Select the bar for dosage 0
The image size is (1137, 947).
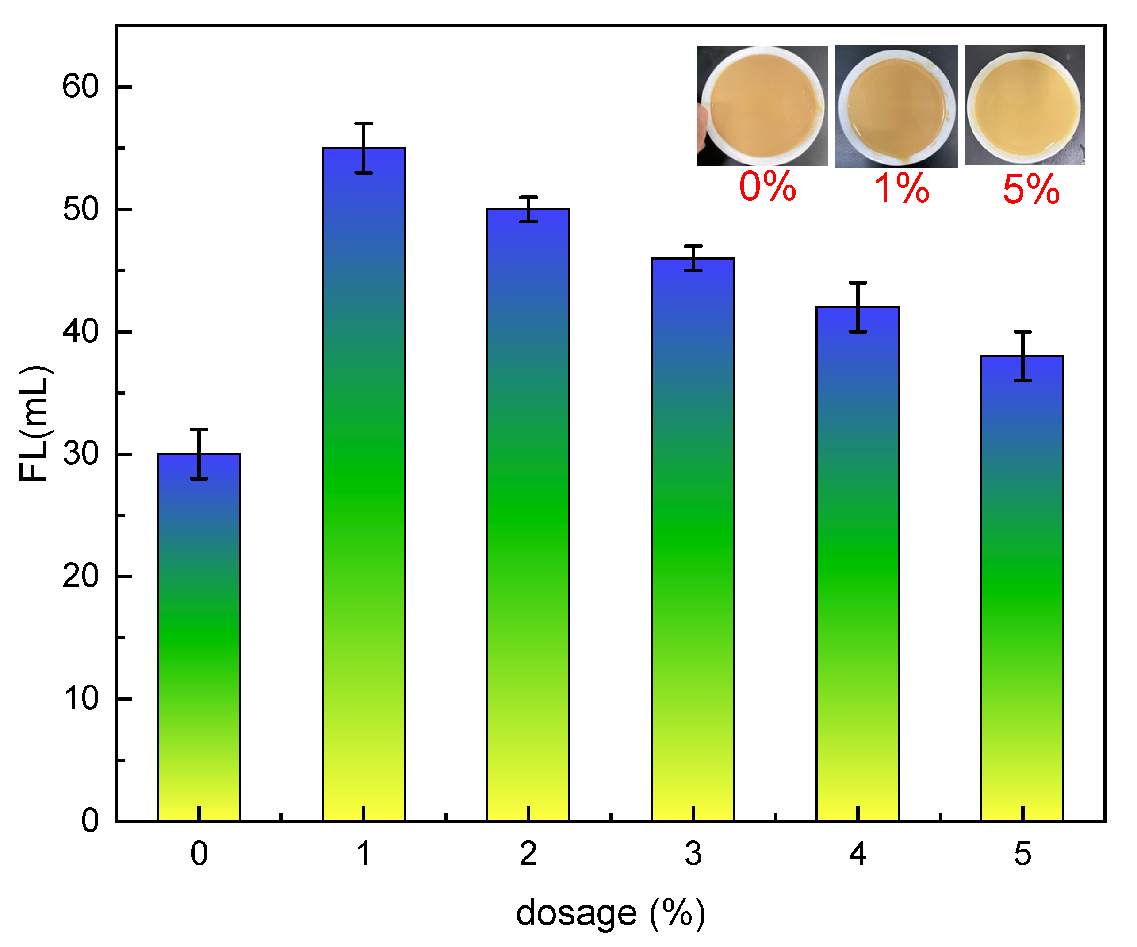tap(199, 638)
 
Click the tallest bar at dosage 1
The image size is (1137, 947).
tap(363, 487)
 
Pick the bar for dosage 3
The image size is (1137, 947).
tap(693, 541)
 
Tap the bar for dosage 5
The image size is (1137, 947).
tap(1022, 590)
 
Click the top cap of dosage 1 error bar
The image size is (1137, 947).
tap(363, 124)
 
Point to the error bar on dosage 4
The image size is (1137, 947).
tap(858, 307)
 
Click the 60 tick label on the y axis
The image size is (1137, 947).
tap(80, 87)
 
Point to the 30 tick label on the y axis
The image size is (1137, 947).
tap(80, 454)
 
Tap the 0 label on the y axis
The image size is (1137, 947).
tap(90, 821)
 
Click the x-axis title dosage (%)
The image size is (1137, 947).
tap(610, 914)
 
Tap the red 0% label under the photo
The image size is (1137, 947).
tap(767, 187)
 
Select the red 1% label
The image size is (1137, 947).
tap(901, 189)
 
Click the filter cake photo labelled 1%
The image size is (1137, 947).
tap(896, 107)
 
